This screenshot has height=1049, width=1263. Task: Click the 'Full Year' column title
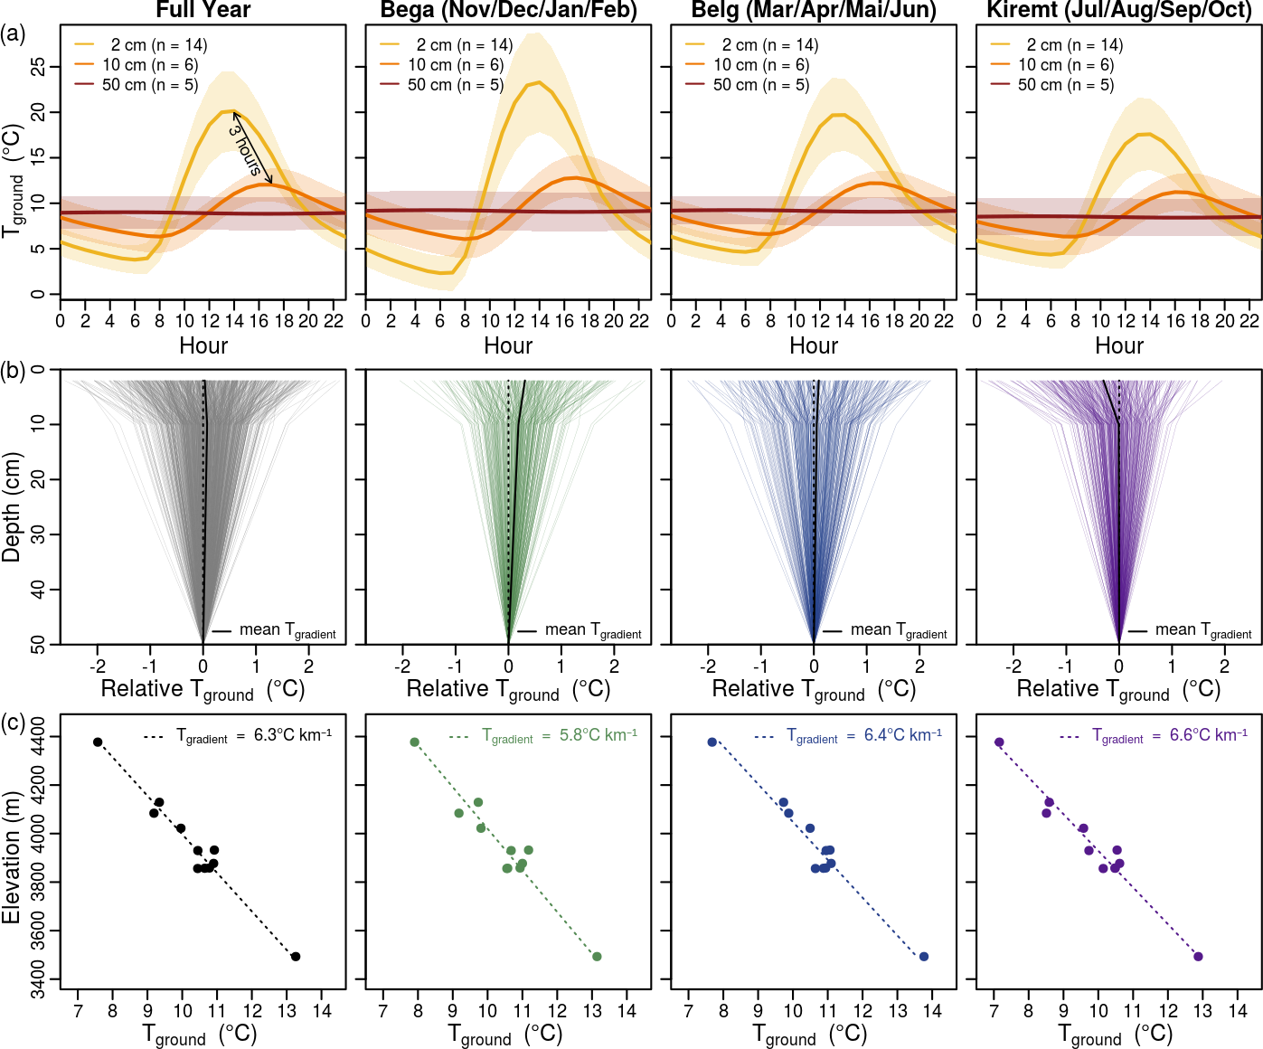pos(203,10)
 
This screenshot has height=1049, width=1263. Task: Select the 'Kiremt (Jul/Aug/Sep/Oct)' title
pos(1119,10)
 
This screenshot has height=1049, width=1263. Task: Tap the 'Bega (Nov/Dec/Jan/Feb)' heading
pos(508,10)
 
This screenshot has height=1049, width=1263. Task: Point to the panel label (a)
pos(14,33)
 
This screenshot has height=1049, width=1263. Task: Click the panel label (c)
pos(14,723)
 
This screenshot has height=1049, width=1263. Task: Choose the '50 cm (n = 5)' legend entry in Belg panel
pos(761,85)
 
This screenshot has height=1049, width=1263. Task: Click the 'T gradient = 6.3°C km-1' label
pos(254,736)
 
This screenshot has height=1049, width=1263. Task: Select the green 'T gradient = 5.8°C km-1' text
pos(560,736)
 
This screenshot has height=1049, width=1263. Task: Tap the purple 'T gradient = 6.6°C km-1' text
pos(1170,736)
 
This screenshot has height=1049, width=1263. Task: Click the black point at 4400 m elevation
pos(98,742)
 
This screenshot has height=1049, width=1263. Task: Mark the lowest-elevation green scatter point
pos(597,957)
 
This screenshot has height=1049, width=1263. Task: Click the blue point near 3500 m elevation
pos(923,957)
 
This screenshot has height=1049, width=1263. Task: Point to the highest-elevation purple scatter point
pos(999,742)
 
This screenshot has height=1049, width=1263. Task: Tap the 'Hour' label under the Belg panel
pos(814,346)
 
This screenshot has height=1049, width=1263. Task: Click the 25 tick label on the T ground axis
pos(36,67)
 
